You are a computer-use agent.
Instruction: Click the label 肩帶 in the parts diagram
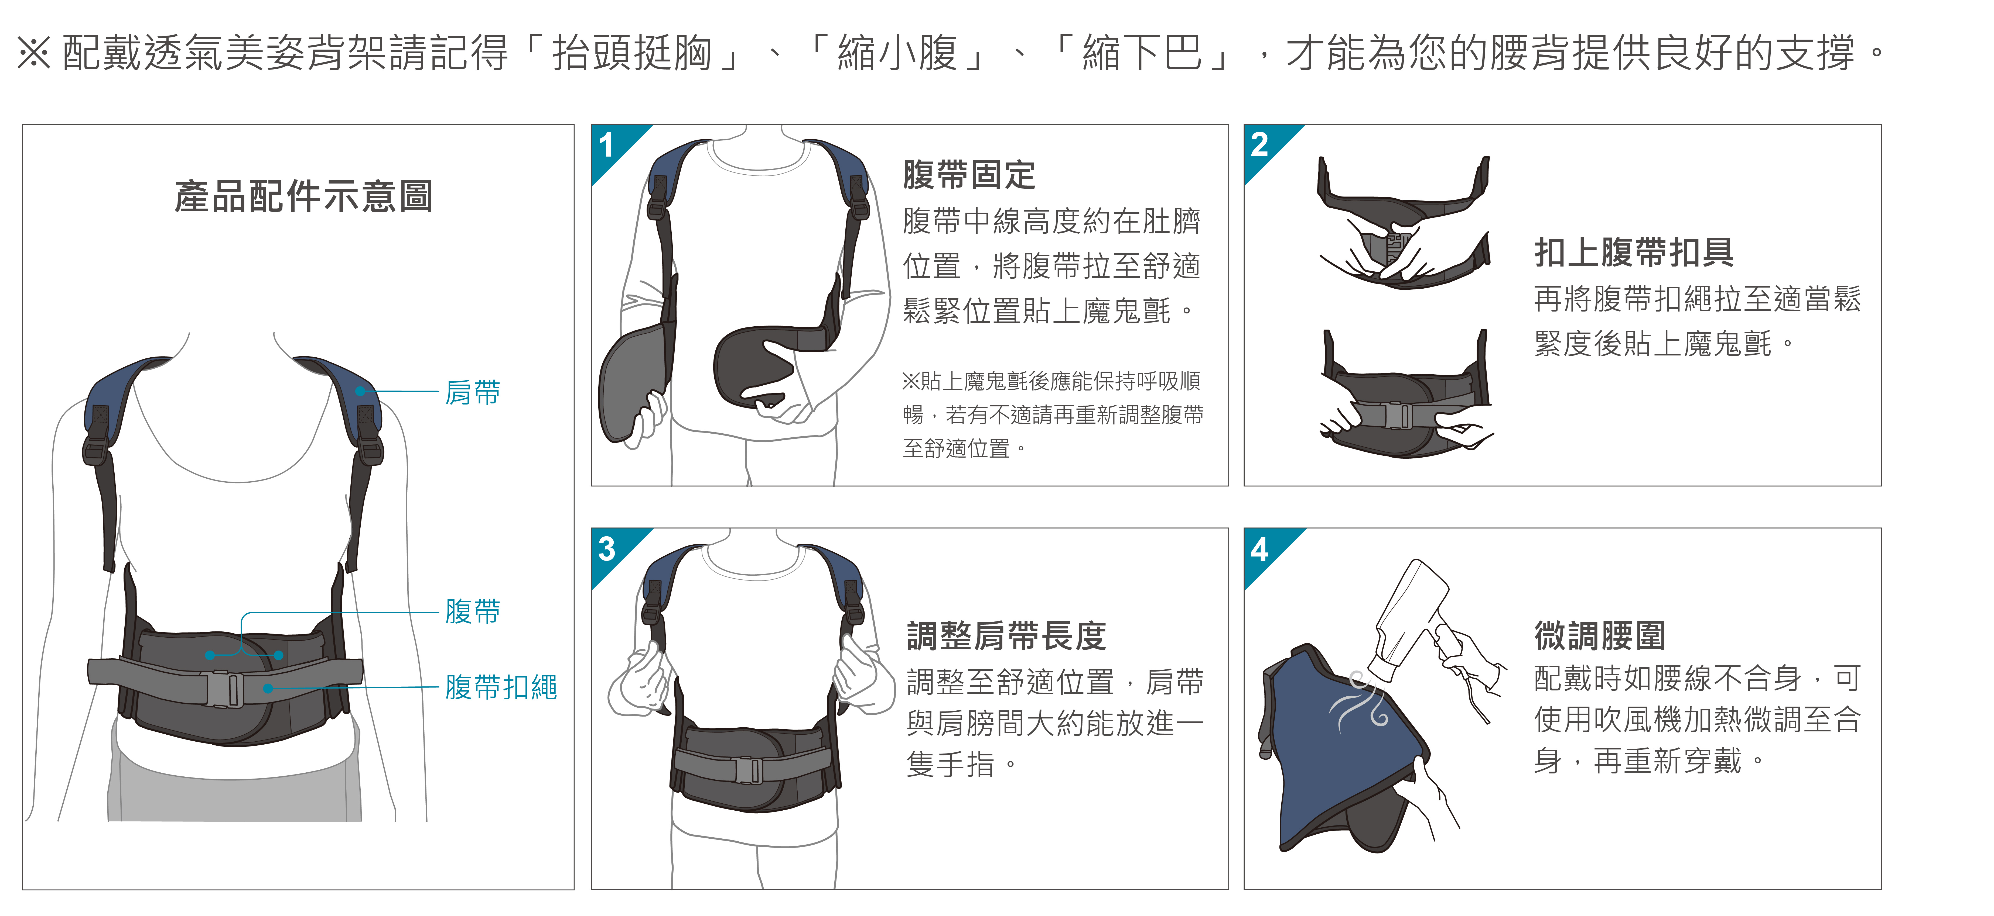click(472, 392)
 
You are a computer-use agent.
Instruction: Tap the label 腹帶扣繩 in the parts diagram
click(501, 687)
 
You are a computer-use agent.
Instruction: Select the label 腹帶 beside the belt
click(472, 611)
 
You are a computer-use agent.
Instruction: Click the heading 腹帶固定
click(969, 174)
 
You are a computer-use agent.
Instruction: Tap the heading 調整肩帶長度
click(1006, 636)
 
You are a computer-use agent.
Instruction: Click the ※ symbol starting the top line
click(34, 53)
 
